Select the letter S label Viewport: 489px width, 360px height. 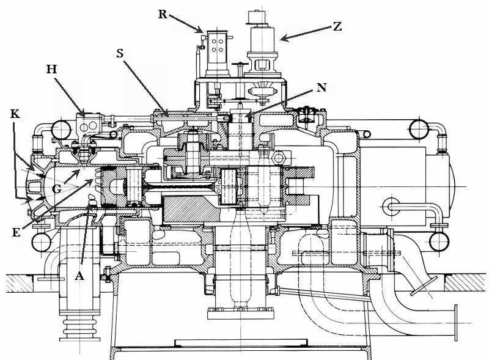tap(121, 54)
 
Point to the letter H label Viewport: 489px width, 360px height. tap(51, 70)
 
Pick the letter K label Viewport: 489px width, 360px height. tap(15, 114)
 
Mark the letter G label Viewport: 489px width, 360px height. tap(56, 189)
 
